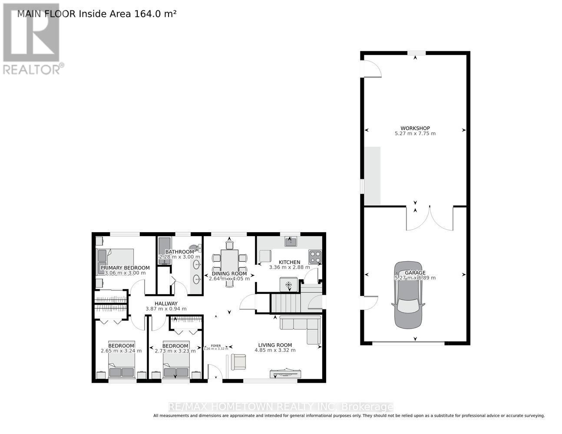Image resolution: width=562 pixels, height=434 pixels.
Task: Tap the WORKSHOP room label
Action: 415,128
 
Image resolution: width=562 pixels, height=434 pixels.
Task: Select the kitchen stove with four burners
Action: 314,257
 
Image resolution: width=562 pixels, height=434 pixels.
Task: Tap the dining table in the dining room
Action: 229,260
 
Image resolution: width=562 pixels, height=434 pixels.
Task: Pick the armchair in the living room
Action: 238,362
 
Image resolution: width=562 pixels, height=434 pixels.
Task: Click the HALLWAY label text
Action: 166,303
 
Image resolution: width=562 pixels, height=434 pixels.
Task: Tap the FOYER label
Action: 216,345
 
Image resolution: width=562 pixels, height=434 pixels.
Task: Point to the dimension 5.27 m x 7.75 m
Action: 415,134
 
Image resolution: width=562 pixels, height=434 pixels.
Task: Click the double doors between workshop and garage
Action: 429,218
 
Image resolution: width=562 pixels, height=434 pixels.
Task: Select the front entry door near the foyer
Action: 215,372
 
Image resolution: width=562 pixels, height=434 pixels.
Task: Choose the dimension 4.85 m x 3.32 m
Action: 274,350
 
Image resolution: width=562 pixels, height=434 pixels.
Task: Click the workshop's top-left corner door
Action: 371,69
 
